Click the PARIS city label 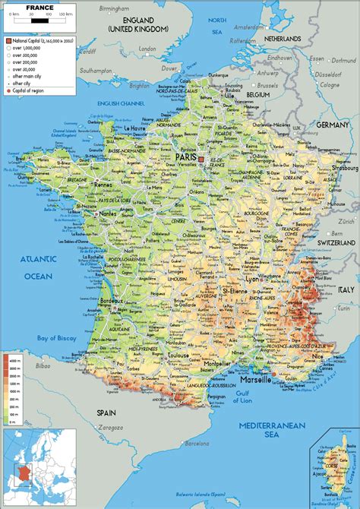coord(185,156)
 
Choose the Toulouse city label coord(178,355)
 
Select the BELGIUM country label coord(258,96)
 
